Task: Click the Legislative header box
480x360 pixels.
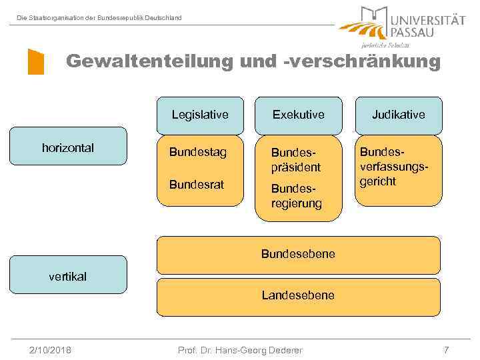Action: point(199,115)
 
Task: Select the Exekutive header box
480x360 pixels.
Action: point(298,115)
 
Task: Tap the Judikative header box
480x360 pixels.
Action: point(399,115)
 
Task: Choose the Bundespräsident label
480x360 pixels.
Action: point(295,160)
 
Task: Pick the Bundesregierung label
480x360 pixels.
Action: point(295,196)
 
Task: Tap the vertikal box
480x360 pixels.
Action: point(67,275)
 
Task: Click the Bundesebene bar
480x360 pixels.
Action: point(298,254)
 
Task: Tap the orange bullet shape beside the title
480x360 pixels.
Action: point(35,61)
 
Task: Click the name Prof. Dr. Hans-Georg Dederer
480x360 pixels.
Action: point(239,350)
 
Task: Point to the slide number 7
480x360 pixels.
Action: point(446,350)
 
